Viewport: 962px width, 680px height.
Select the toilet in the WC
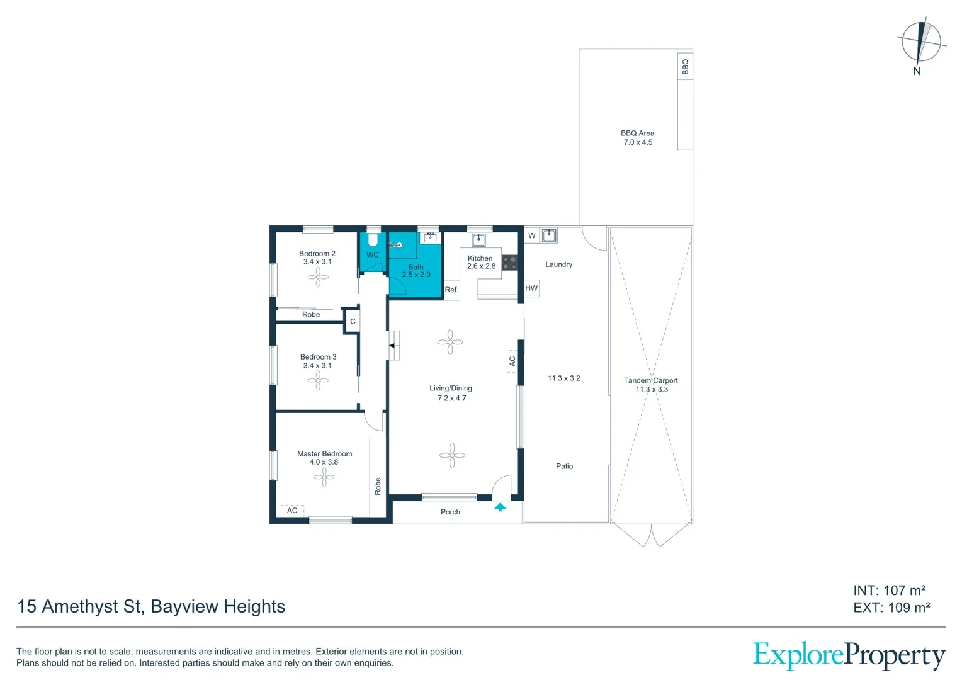coord(373,241)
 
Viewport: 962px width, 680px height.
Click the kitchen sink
coord(478,240)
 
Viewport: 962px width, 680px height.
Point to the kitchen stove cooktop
coord(509,263)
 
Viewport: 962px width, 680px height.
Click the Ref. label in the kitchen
coord(451,290)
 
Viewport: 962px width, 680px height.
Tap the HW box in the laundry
coord(531,288)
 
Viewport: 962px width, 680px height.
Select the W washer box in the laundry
coord(532,236)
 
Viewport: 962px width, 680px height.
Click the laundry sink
coord(549,235)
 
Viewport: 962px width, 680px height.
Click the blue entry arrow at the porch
coord(500,507)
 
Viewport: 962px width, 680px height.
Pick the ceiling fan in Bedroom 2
coord(318,277)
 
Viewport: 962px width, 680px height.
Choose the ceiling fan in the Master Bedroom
coord(324,478)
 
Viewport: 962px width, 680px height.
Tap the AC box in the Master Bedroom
coord(292,511)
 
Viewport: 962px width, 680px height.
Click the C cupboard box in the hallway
coord(353,322)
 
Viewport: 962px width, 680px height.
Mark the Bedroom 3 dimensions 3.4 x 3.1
coord(317,366)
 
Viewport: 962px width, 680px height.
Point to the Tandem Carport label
coord(651,381)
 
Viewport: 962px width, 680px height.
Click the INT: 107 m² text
coord(889,591)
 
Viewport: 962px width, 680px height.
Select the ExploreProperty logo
coord(849,656)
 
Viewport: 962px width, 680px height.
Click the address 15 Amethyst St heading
coord(151,606)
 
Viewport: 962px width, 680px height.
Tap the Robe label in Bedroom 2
coord(311,315)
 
